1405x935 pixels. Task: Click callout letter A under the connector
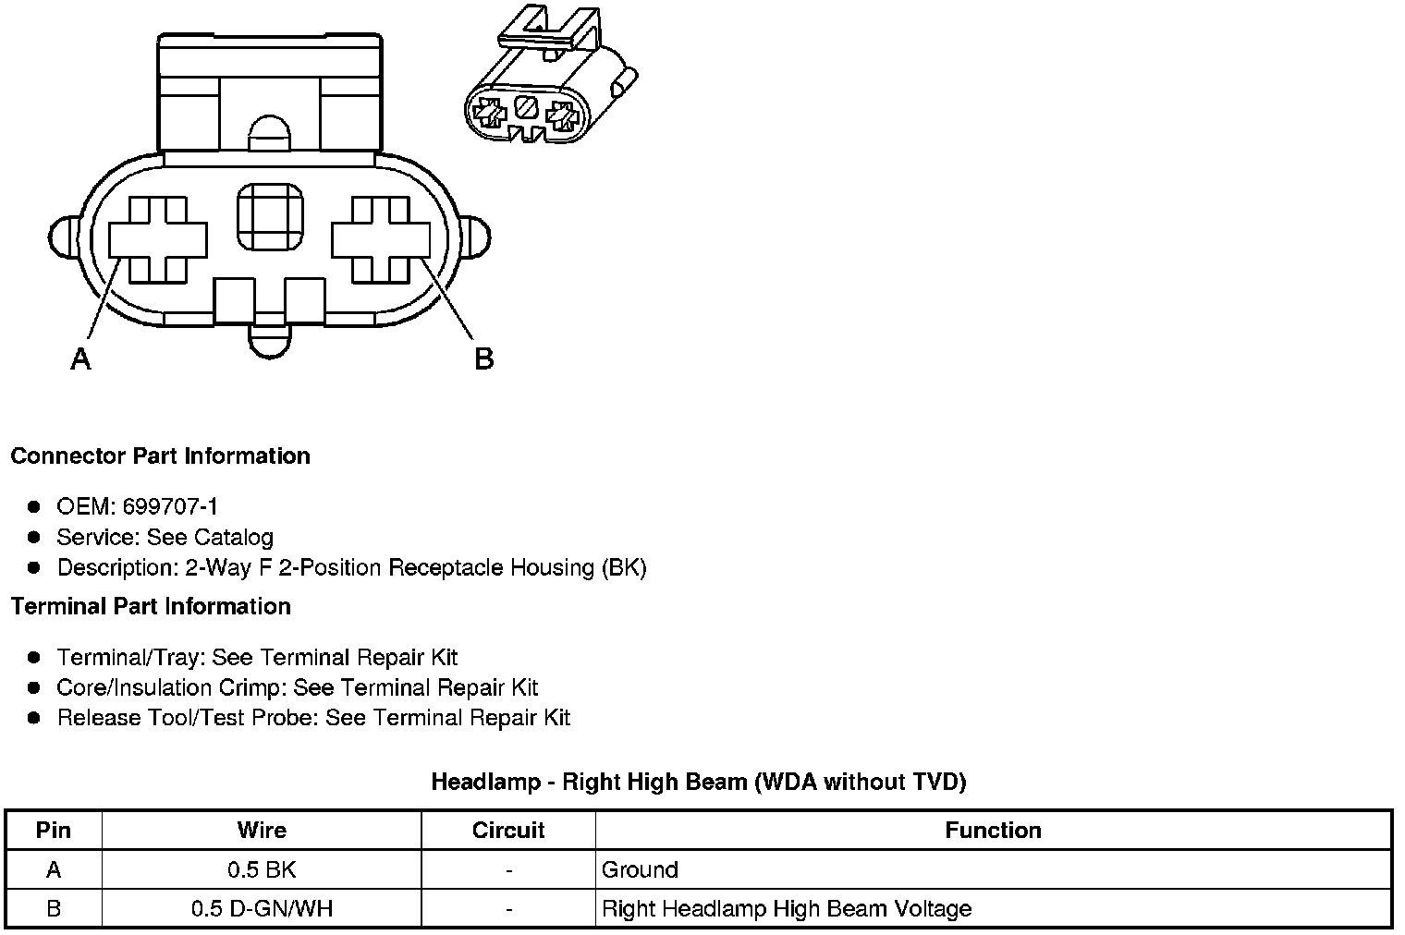pyautogui.click(x=81, y=358)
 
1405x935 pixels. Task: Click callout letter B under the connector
pyautogui.click(x=483, y=358)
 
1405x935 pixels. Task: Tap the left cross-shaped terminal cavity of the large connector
pyautogui.click(x=158, y=239)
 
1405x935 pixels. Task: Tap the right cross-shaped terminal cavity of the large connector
pyautogui.click(x=381, y=239)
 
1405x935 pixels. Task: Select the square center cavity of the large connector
pyautogui.click(x=270, y=217)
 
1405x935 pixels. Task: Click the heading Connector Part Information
pyautogui.click(x=160, y=456)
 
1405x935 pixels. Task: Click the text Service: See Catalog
pyautogui.click(x=165, y=537)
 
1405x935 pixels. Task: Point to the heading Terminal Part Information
pyautogui.click(x=151, y=606)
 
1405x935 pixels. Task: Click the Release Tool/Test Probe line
pyautogui.click(x=313, y=718)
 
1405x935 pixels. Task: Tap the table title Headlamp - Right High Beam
pyautogui.click(x=698, y=782)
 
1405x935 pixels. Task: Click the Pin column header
pyautogui.click(x=53, y=831)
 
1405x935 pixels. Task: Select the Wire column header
pyautogui.click(x=262, y=831)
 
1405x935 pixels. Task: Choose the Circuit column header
pyautogui.click(x=508, y=831)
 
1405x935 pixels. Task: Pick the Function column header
pyautogui.click(x=993, y=831)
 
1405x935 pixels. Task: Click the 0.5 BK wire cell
pyautogui.click(x=262, y=869)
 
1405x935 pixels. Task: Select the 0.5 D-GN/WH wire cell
pyautogui.click(x=262, y=908)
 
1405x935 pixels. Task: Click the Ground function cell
pyautogui.click(x=640, y=869)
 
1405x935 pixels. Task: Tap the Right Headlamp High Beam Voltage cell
pyautogui.click(x=787, y=908)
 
